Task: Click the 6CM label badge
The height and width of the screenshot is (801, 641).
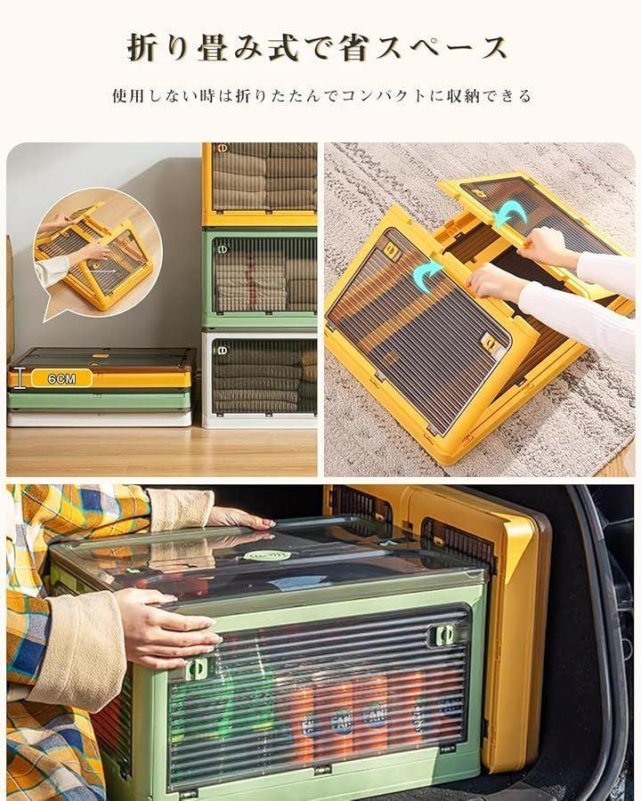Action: click(x=61, y=378)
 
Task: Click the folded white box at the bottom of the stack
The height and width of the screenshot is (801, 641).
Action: click(x=100, y=418)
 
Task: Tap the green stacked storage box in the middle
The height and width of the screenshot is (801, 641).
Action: click(x=260, y=279)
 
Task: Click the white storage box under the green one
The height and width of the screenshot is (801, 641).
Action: click(x=260, y=379)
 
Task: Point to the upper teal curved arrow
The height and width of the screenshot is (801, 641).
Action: click(x=511, y=214)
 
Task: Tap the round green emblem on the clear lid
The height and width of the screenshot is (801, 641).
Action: click(x=267, y=555)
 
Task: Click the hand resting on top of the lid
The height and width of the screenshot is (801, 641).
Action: click(x=240, y=520)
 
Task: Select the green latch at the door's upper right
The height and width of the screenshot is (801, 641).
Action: click(x=442, y=635)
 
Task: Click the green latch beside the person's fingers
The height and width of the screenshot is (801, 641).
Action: click(x=198, y=668)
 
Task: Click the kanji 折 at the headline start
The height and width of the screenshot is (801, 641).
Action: click(x=143, y=48)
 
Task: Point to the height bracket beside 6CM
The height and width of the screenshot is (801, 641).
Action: click(x=20, y=378)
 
